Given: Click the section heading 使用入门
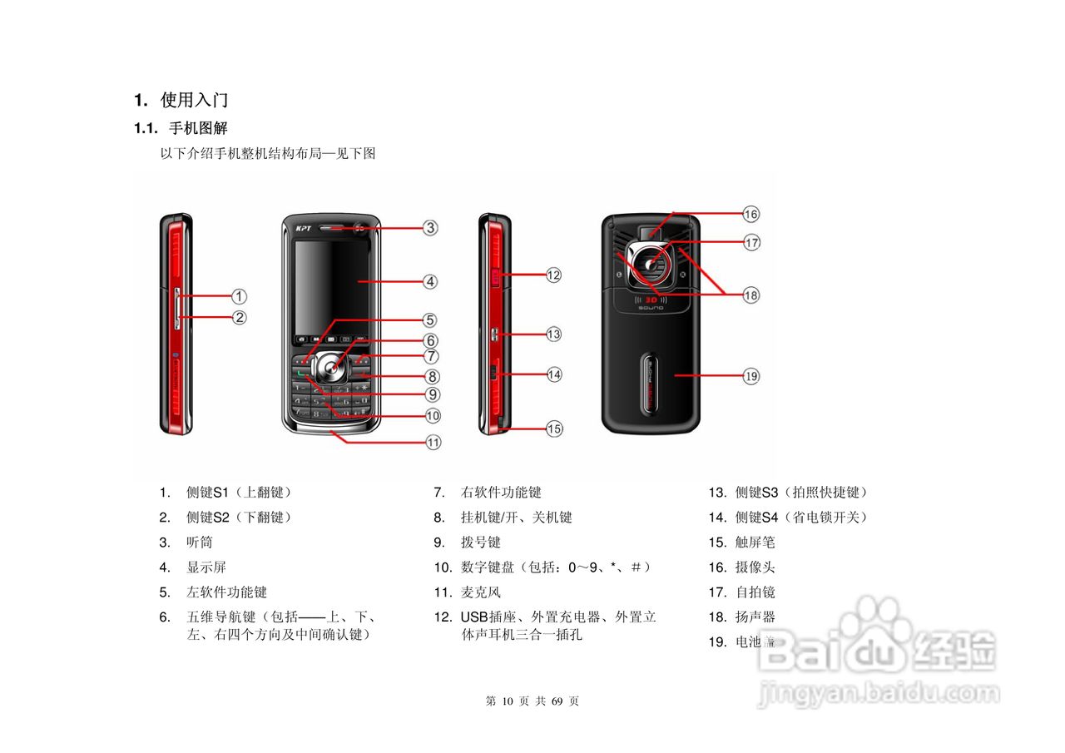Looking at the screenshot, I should tap(194, 101).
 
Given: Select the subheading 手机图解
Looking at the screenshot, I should tap(198, 128).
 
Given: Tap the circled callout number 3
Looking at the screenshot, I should tap(429, 227).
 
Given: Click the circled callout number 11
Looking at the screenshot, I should tap(433, 443).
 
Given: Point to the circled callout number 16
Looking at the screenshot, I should tap(751, 214).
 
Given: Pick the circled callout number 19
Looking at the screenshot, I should tap(751, 376).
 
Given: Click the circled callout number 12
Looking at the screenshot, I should tap(554, 275).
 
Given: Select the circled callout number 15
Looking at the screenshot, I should tap(554, 429).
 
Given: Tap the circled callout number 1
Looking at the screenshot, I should tap(239, 295).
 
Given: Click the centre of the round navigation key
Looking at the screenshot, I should tap(331, 368).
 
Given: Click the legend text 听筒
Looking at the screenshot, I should tap(200, 542).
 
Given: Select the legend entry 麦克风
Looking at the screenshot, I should tap(481, 592).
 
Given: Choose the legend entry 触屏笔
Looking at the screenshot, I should tap(755, 542).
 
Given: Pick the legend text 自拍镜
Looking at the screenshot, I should tap(755, 592).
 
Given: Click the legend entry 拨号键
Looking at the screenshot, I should tap(481, 542).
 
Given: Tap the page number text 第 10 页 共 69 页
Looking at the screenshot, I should tap(532, 701).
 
